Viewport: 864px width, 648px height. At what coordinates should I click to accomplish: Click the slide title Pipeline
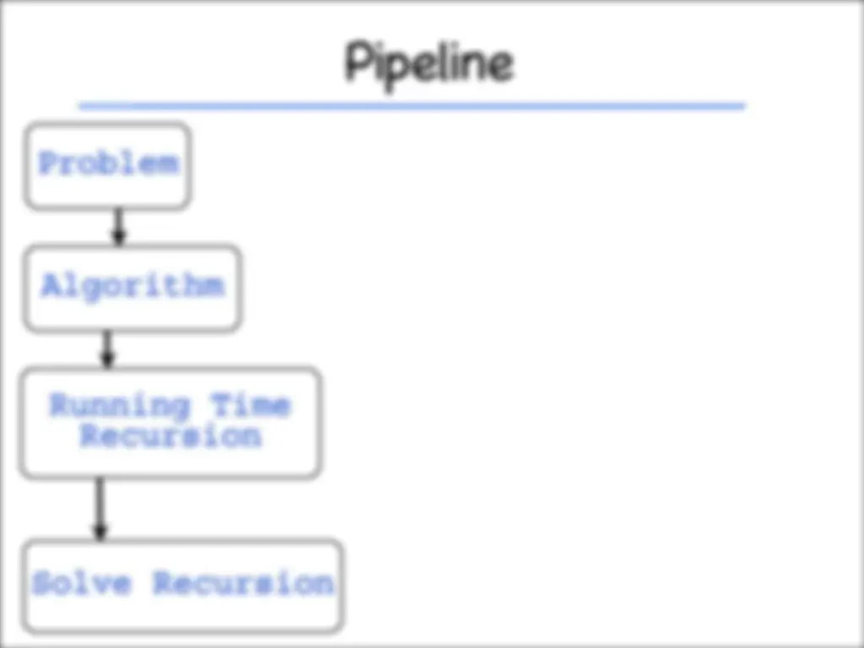click(x=429, y=64)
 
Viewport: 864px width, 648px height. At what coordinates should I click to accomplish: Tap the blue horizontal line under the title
click(x=412, y=105)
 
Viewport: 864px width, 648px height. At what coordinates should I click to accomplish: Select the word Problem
click(x=109, y=163)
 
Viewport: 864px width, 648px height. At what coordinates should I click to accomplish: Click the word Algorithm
click(x=132, y=286)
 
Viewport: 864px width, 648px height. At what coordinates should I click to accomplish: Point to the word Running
click(x=120, y=407)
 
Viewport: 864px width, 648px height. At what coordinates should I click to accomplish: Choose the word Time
click(x=250, y=405)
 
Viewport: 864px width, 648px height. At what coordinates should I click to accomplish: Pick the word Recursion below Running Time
click(x=170, y=436)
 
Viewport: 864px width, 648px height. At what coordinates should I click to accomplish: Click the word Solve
click(x=82, y=582)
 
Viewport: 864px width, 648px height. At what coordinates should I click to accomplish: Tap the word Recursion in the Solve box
click(x=243, y=582)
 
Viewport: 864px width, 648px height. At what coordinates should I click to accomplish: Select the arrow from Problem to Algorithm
click(x=118, y=227)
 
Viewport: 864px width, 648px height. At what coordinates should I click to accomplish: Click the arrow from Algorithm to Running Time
click(x=107, y=349)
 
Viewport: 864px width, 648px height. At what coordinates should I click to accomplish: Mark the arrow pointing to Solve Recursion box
click(x=100, y=509)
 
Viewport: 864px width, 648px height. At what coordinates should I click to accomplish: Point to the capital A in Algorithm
click(x=51, y=284)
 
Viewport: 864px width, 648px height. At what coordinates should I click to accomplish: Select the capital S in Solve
click(x=41, y=582)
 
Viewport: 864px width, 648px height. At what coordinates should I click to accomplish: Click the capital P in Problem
click(x=47, y=163)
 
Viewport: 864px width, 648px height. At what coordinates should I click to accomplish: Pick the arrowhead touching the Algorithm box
click(x=118, y=238)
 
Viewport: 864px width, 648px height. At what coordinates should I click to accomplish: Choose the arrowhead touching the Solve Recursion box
click(x=100, y=533)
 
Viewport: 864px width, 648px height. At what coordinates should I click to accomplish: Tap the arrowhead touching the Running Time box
click(x=107, y=360)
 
